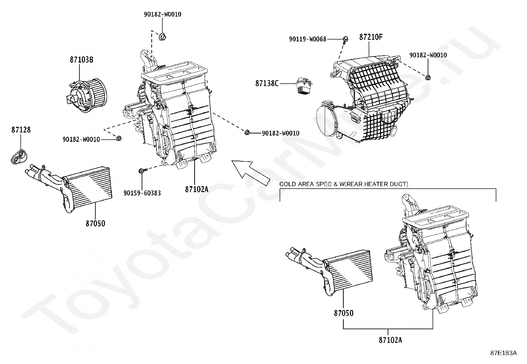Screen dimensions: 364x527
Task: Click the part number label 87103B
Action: (81, 60)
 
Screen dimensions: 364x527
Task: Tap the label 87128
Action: (21, 130)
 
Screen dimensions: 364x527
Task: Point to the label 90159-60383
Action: (142, 193)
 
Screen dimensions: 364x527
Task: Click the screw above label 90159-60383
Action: (141, 171)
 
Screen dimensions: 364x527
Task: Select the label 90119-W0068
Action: (308, 39)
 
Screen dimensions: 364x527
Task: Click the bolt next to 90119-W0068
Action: (345, 39)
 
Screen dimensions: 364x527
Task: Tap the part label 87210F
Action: (371, 37)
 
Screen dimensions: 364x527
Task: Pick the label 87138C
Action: (267, 83)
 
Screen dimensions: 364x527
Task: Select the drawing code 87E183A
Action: (503, 353)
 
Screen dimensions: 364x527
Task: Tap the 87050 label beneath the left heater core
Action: (95, 224)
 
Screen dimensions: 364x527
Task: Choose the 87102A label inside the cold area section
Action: (391, 340)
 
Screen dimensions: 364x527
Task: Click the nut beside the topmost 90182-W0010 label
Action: (163, 37)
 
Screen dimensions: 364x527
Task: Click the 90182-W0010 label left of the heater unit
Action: (81, 140)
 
